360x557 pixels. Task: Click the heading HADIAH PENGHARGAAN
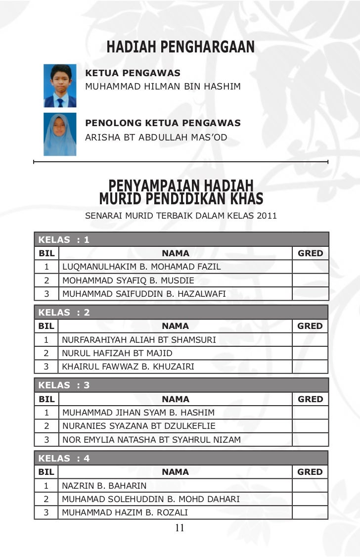click(180, 47)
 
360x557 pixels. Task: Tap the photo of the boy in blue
click(60, 86)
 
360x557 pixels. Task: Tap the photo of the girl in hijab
click(60, 134)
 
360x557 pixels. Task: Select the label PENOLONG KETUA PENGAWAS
click(163, 123)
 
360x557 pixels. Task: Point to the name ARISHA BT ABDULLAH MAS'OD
click(156, 137)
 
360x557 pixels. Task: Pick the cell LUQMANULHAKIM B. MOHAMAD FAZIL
click(141, 267)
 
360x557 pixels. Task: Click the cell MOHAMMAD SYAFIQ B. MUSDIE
click(128, 280)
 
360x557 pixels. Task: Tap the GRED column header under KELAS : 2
click(310, 326)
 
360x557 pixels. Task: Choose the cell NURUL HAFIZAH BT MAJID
click(117, 353)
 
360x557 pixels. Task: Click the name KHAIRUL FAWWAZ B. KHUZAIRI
click(128, 367)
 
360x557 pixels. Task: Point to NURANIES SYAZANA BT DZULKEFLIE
click(138, 426)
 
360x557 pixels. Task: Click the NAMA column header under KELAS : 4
click(176, 472)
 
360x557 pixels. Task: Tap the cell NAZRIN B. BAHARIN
click(104, 486)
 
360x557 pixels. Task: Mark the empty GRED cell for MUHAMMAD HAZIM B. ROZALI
click(310, 512)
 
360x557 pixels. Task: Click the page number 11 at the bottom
click(180, 528)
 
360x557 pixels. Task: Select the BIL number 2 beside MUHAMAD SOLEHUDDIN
click(46, 499)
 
